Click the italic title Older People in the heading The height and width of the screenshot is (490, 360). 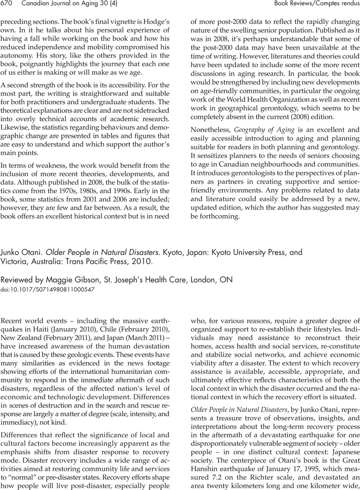click(66, 252)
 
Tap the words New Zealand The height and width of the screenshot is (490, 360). click(22, 340)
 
